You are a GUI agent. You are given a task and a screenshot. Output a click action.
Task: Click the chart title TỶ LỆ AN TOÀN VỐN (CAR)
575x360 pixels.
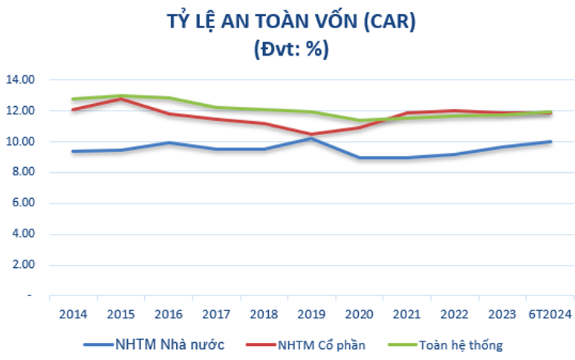click(290, 22)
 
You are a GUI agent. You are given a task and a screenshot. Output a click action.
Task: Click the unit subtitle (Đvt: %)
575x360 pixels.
click(290, 50)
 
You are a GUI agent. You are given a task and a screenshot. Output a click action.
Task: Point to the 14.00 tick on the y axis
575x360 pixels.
click(21, 79)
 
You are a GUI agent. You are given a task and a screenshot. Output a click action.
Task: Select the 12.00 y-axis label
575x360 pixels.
click(21, 111)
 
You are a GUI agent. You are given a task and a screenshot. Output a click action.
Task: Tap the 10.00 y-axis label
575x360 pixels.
click(21, 142)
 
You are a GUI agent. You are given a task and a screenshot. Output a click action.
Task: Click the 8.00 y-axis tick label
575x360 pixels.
click(23, 172)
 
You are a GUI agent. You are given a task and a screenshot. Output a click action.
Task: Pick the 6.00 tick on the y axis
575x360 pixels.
click(23, 203)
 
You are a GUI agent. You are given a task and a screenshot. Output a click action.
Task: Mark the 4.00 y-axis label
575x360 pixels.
click(23, 235)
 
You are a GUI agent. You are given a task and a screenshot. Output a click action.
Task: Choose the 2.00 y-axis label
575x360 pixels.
click(23, 265)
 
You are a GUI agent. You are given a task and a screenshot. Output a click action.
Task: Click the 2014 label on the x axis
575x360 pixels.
click(73, 314)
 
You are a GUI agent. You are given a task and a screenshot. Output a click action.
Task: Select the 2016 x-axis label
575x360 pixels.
click(169, 314)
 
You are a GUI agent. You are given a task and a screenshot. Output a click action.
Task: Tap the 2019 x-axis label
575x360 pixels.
click(312, 314)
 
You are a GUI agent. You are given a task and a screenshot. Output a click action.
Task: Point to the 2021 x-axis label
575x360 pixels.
click(408, 314)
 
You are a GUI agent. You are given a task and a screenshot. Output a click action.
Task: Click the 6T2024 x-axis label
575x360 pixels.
click(550, 314)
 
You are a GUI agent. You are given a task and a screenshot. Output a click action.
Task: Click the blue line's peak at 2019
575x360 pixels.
click(312, 138)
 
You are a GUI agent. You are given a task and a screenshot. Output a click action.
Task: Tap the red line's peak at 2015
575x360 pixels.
click(121, 98)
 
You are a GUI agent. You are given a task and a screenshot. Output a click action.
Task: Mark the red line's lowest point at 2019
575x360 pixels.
click(312, 134)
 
